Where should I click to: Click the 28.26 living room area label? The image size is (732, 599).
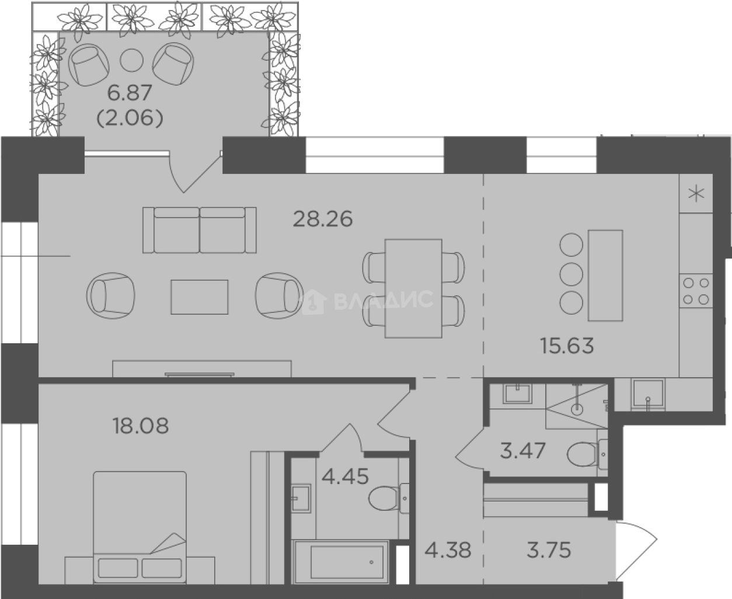point(323,219)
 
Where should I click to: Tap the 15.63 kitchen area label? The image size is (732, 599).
point(567,346)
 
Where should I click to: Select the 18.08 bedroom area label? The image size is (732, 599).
point(141,426)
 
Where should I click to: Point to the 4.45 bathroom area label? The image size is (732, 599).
point(344,476)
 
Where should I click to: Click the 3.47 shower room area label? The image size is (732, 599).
point(522,451)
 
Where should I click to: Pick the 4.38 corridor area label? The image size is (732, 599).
point(448,551)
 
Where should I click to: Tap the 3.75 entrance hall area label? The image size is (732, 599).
point(549,551)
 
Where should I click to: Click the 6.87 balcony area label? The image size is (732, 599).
point(130,93)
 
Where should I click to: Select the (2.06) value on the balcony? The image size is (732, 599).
point(130,118)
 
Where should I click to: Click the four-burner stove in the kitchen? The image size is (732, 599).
point(696,291)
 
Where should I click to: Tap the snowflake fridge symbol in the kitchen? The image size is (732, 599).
point(696,194)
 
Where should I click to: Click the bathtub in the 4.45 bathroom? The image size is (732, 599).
point(340,562)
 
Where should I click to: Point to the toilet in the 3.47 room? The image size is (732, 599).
point(587,454)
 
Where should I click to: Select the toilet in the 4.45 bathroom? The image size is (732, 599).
point(389,499)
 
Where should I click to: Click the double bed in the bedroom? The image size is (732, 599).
point(140,527)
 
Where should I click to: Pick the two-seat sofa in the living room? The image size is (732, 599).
point(200,230)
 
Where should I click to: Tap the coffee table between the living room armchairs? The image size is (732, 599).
point(200,297)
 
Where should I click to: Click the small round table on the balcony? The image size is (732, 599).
point(131,60)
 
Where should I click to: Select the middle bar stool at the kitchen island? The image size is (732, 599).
point(571,274)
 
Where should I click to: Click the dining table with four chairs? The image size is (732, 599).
point(413,288)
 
